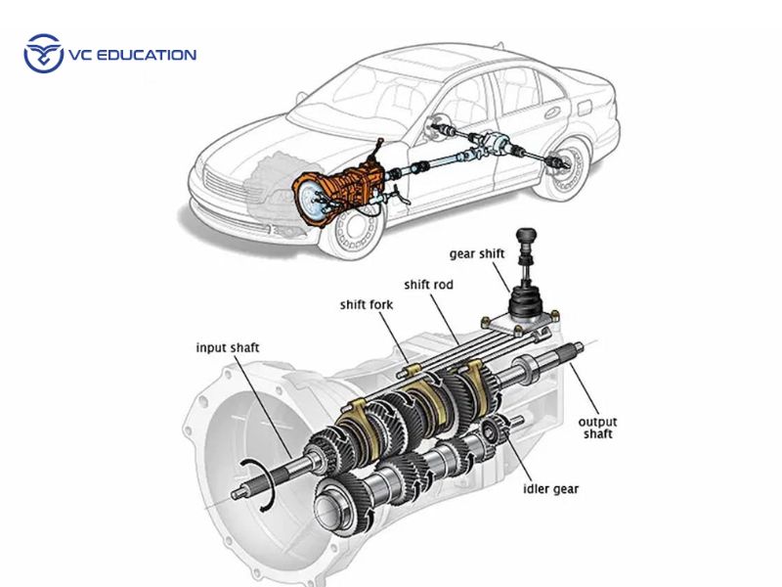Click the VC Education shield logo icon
click(42, 53)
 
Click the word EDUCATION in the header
click(145, 55)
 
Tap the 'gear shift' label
click(477, 253)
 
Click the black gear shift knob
click(529, 238)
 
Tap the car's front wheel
click(349, 224)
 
